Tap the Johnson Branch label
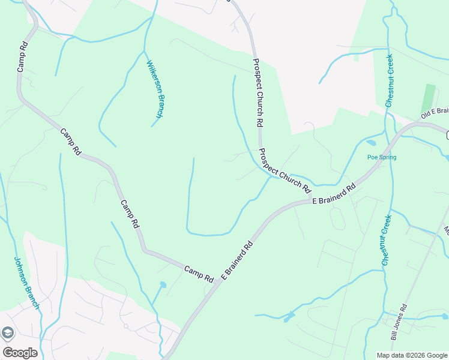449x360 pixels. point(26,283)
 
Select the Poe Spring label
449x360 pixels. point(382,157)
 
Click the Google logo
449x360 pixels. point(20,353)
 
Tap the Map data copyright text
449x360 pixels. point(412,355)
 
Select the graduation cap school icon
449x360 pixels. point(7,333)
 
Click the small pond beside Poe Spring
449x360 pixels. point(370,143)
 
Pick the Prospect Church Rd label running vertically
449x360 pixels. point(259,92)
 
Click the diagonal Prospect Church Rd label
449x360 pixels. point(285,170)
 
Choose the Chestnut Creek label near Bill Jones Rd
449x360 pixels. point(387,240)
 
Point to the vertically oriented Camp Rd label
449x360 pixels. point(22,56)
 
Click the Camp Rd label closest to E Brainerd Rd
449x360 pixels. point(199,274)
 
